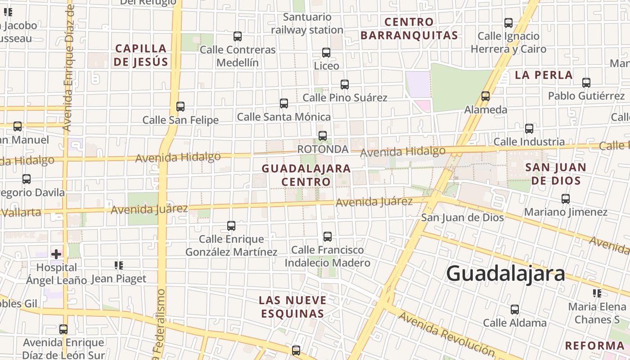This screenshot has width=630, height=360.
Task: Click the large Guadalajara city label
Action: pyautogui.click(x=505, y=273)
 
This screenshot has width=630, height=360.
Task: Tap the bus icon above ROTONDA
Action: pyautogui.click(x=322, y=135)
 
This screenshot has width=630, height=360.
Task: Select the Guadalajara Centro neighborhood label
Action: pyautogui.click(x=306, y=175)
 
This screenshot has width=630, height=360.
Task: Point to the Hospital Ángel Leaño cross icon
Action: pyautogui.click(x=56, y=254)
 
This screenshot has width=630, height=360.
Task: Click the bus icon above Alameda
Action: pyautogui.click(x=485, y=96)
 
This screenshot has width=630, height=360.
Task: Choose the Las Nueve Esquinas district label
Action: pyautogui.click(x=293, y=306)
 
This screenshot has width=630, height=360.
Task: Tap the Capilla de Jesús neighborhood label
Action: pyautogui.click(x=140, y=55)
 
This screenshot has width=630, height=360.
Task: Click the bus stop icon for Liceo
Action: pyautogui.click(x=326, y=53)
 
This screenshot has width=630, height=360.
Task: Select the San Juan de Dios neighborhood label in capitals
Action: pyautogui.click(x=556, y=174)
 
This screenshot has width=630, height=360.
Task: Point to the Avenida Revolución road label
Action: pyautogui.click(x=446, y=333)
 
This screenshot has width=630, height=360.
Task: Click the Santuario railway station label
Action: pyautogui.click(x=307, y=23)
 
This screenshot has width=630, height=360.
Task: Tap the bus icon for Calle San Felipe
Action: pyautogui.click(x=180, y=107)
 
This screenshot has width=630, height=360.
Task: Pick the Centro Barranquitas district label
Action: pyautogui.click(x=409, y=28)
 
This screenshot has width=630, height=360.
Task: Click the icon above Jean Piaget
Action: pyautogui.click(x=118, y=265)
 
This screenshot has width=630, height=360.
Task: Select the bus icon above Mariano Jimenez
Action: pyautogui.click(x=566, y=198)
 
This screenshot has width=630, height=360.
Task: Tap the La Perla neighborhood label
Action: pyautogui.click(x=544, y=75)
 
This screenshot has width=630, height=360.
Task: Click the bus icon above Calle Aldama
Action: pyautogui.click(x=514, y=310)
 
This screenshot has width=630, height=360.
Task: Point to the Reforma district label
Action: pyautogui.click(x=594, y=346)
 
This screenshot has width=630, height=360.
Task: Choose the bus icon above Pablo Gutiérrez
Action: pyautogui.click(x=586, y=83)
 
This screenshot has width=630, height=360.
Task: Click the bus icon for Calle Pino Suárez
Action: pyautogui.click(x=345, y=84)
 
